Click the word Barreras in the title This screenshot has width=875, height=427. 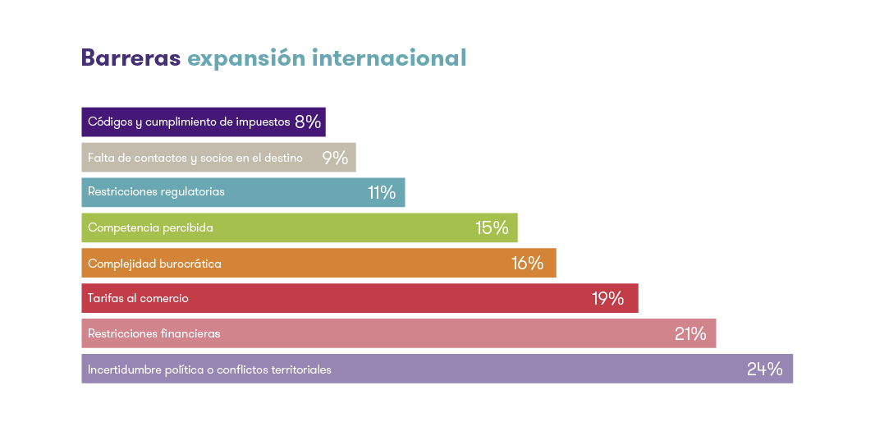pyautogui.click(x=131, y=58)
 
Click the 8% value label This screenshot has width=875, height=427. pyautogui.click(x=308, y=122)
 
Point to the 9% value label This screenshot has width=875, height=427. pyautogui.click(x=335, y=158)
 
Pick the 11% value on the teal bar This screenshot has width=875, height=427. pyautogui.click(x=382, y=193)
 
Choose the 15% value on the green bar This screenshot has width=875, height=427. pyautogui.click(x=492, y=228)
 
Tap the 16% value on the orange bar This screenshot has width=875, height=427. pyautogui.click(x=527, y=264)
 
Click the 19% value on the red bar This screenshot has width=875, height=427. pyautogui.click(x=608, y=299)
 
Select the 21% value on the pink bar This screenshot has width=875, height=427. pyautogui.click(x=690, y=334)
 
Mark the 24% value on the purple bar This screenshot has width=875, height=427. pyautogui.click(x=764, y=370)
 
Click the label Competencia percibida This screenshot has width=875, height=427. pyautogui.click(x=150, y=228)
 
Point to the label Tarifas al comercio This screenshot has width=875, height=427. pyautogui.click(x=138, y=299)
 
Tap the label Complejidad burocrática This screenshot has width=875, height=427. pyautogui.click(x=154, y=264)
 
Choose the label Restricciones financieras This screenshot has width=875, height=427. pyautogui.click(x=153, y=334)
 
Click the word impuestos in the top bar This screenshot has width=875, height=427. pyautogui.click(x=263, y=122)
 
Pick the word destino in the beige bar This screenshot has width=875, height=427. pyautogui.click(x=284, y=158)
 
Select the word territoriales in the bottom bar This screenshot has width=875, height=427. pyautogui.click(x=300, y=370)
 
